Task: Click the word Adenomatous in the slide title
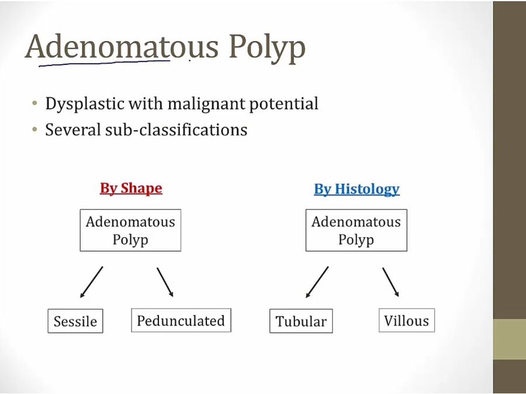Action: [x=122, y=47]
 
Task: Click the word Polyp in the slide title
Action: [x=267, y=48]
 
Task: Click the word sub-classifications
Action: [x=176, y=130]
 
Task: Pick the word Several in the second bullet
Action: [x=73, y=130]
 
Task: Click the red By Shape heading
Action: [x=131, y=189]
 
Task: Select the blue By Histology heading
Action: [x=357, y=189]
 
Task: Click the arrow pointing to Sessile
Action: [x=92, y=282]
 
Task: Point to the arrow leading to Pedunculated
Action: [x=165, y=282]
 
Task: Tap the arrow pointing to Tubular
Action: [x=317, y=282]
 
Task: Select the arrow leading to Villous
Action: [x=391, y=282]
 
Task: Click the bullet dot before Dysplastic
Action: [x=34, y=103]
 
